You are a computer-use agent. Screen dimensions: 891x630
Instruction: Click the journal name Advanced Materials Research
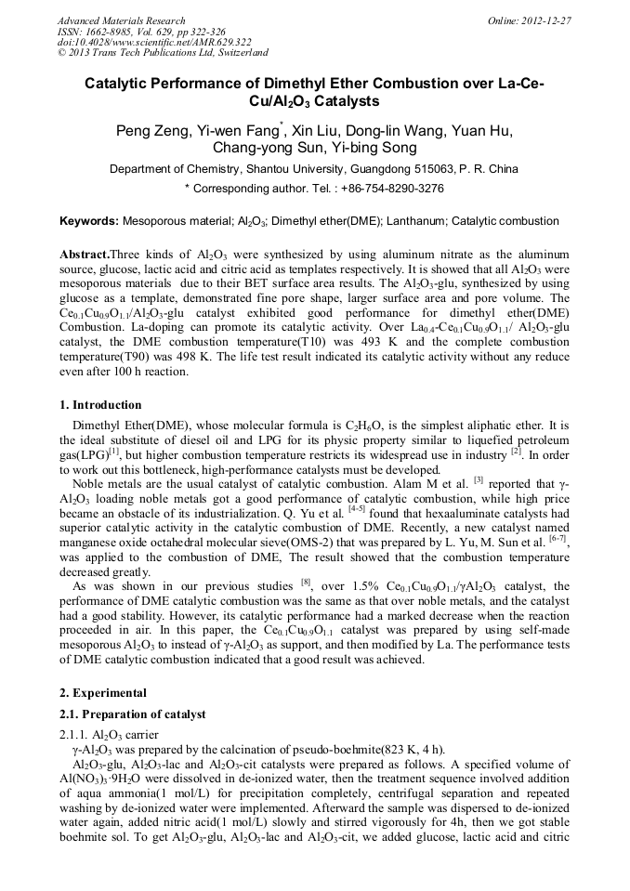point(122,20)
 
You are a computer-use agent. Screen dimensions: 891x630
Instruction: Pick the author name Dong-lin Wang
point(402,131)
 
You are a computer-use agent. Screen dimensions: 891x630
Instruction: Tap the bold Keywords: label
point(89,222)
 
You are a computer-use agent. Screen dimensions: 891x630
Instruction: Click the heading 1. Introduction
point(101,405)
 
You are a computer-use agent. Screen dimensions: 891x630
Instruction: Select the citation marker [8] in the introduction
point(305,584)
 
